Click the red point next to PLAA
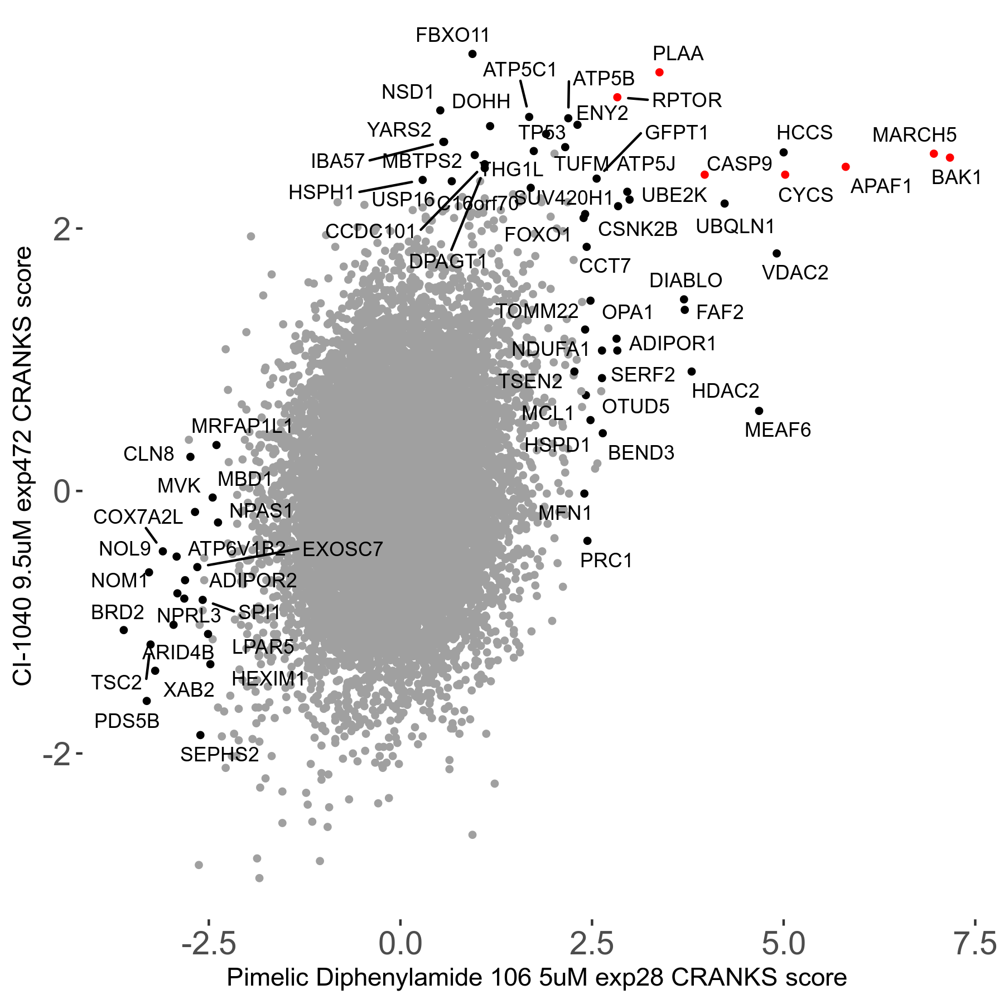(659, 73)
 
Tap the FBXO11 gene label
(452, 36)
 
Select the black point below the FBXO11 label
(472, 54)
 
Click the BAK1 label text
(956, 177)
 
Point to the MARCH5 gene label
(914, 135)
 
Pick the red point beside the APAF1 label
(846, 167)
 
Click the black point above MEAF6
(759, 411)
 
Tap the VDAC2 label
(795, 273)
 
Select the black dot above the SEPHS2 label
(201, 735)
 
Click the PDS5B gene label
(127, 721)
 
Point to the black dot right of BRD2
(124, 630)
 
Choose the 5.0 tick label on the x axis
(783, 944)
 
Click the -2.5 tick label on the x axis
(209, 944)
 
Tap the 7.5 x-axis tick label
(974, 944)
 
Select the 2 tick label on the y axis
(62, 229)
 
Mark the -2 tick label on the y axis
(57, 754)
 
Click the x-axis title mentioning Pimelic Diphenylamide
(537, 978)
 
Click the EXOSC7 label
(342, 549)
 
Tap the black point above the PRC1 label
(587, 541)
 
